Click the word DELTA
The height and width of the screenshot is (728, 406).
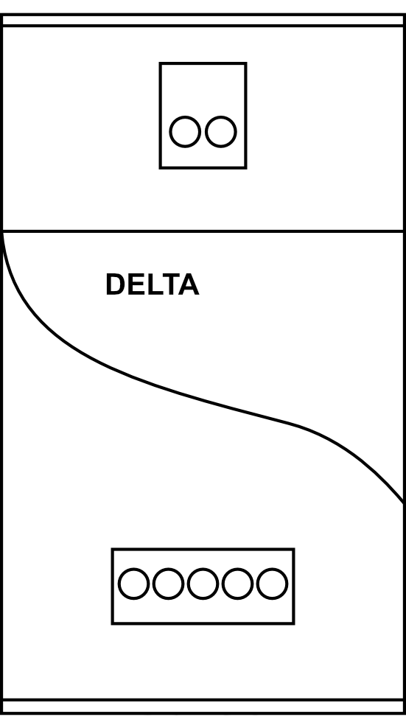coord(153,284)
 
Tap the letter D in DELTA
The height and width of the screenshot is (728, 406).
coord(115,284)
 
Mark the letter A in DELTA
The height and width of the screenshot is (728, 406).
coord(189,284)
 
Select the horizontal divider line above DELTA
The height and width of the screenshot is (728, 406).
coord(203,231)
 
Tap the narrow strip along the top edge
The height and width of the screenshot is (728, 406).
coord(203,21)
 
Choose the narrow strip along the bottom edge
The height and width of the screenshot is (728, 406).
coord(203,706)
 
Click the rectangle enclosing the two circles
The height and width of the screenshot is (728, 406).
coord(203,63)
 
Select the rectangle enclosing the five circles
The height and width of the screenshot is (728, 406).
coord(203,549)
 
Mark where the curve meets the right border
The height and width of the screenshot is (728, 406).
coord(404,503)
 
